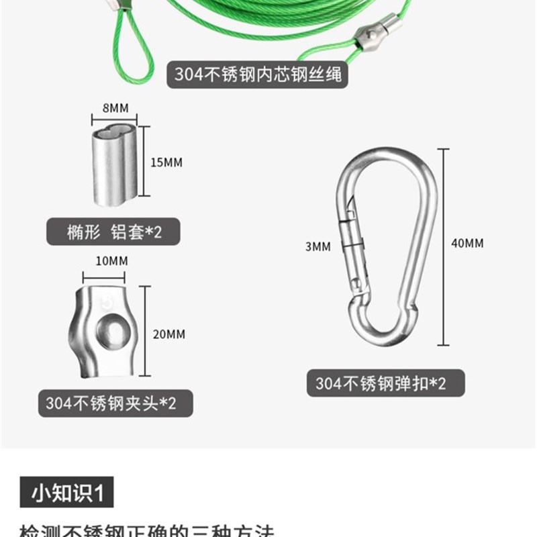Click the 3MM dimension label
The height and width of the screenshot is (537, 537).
318,247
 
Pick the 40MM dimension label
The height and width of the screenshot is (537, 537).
467,243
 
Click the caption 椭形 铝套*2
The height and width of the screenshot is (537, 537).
114,232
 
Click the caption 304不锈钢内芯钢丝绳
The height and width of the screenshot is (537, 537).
258,73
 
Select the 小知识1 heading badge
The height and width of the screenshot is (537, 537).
67,493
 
